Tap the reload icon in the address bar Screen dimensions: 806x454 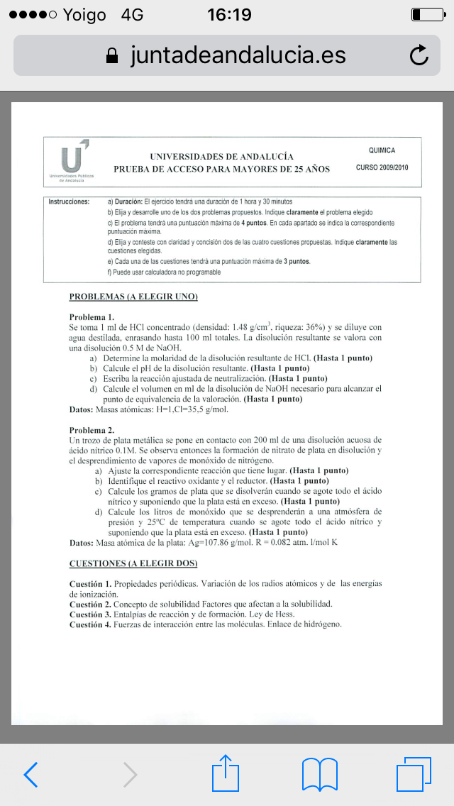click(419, 55)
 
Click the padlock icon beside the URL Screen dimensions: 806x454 click(111, 56)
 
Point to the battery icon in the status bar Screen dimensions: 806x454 click(425, 15)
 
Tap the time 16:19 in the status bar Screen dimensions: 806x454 click(228, 15)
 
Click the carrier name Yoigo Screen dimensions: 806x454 click(84, 15)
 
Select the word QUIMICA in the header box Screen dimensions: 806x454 click(382, 150)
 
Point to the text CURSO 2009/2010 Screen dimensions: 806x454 click(382, 168)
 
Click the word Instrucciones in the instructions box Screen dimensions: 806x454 click(69, 202)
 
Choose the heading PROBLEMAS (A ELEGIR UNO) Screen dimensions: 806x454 click(133, 297)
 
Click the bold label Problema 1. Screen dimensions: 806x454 click(92, 317)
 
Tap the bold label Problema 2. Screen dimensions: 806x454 click(92, 430)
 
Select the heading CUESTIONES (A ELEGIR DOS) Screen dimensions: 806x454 click(133, 563)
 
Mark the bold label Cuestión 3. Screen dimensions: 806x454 click(90, 614)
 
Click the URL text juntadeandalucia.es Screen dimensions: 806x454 click(238, 55)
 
